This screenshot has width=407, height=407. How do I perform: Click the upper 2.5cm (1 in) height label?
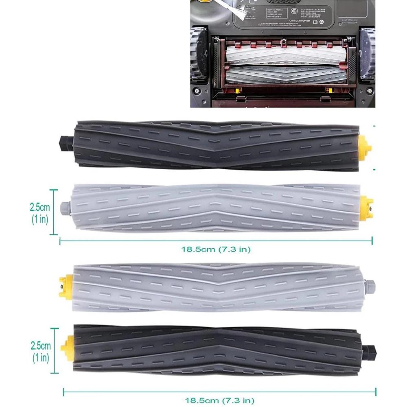pos(40,212)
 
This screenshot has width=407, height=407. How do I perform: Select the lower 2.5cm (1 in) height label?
pos(40,352)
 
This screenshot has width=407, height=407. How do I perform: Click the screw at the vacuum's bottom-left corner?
pos(197,91)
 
